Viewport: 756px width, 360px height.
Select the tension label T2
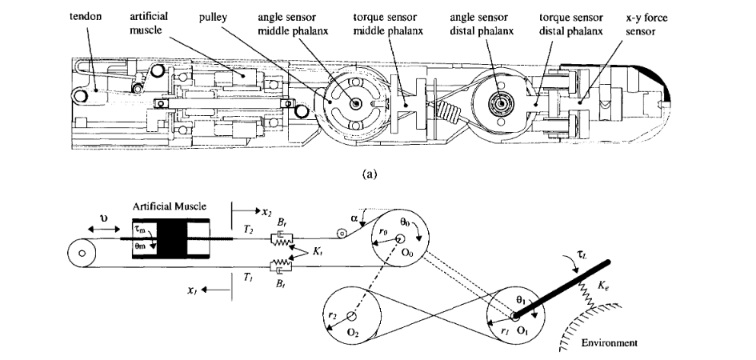point(247,229)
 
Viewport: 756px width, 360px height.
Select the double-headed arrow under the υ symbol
point(98,230)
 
